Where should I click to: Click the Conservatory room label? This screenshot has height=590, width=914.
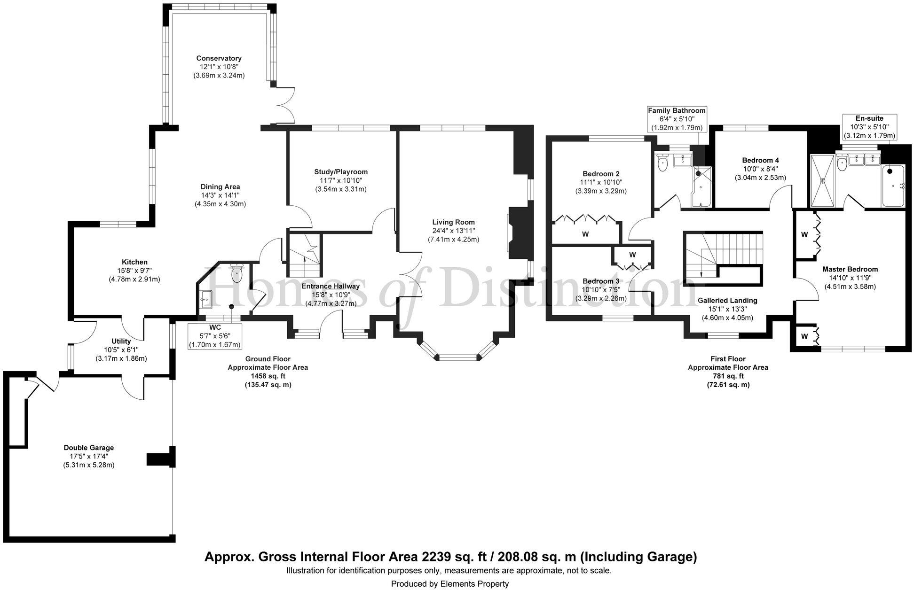(219, 58)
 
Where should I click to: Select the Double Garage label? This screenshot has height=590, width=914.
(89, 448)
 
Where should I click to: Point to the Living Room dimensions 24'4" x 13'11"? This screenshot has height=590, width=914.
(454, 231)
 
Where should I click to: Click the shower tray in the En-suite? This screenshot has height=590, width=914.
(823, 180)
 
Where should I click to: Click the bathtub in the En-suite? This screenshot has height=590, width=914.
(893, 186)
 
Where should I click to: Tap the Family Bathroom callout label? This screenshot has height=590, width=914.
(677, 111)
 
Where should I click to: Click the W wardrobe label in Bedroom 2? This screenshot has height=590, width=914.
(585, 234)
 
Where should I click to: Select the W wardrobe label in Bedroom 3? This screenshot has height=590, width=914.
(632, 255)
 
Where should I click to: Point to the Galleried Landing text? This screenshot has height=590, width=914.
(727, 300)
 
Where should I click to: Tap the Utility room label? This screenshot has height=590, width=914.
(121, 341)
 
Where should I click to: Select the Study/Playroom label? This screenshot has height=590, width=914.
(341, 172)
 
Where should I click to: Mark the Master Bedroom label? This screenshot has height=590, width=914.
(850, 269)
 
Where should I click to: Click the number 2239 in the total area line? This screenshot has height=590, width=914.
(433, 557)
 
